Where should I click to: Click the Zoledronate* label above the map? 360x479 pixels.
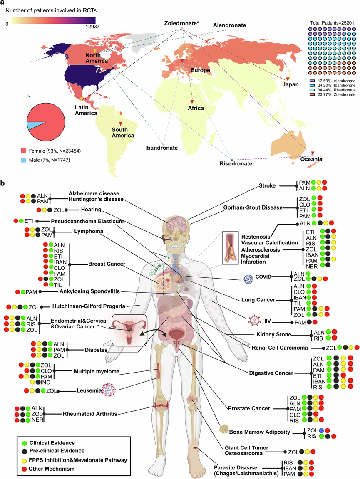point(182,23)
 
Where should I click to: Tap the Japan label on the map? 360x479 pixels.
point(290,84)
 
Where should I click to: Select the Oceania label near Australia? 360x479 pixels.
point(311,159)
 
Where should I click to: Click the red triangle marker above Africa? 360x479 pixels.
point(192,102)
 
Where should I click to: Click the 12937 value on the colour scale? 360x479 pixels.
point(92,27)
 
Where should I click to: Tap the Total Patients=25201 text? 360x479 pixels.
point(332,22)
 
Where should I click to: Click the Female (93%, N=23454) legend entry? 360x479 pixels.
point(51,151)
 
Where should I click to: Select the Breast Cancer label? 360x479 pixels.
point(107,264)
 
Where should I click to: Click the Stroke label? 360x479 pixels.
point(267,185)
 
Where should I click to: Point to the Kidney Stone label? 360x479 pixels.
point(274,334)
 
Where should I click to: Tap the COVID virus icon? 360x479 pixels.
point(248,279)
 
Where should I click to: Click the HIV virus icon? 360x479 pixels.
point(254,321)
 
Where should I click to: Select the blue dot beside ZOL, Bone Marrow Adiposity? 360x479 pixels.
point(321,430)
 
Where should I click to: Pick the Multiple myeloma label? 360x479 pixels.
point(97,371)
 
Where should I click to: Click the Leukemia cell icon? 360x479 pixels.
point(109,390)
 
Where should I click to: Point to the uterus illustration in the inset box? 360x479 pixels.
point(129,331)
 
